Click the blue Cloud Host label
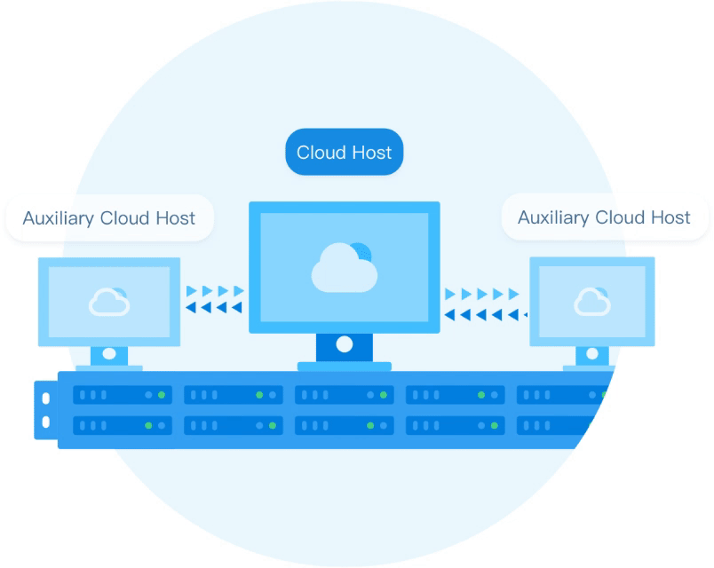click(x=345, y=152)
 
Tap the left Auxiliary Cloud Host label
click(x=109, y=218)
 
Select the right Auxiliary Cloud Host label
click(x=604, y=217)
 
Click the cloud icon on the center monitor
click(x=345, y=268)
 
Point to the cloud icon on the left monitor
click(x=109, y=301)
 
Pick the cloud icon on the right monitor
click(x=592, y=301)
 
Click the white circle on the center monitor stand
click(x=345, y=344)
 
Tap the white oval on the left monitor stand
click(x=109, y=353)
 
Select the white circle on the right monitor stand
click(x=592, y=353)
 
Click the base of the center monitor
click(x=345, y=367)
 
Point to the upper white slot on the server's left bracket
click(x=46, y=398)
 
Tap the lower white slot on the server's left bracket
click(x=46, y=422)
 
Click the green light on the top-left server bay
click(x=162, y=395)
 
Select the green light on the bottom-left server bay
click(x=148, y=425)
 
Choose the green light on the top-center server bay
click(x=384, y=395)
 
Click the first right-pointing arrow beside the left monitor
click(x=191, y=291)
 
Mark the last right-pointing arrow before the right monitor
click(x=513, y=294)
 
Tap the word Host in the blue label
click(x=372, y=153)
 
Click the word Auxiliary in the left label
click(x=59, y=219)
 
